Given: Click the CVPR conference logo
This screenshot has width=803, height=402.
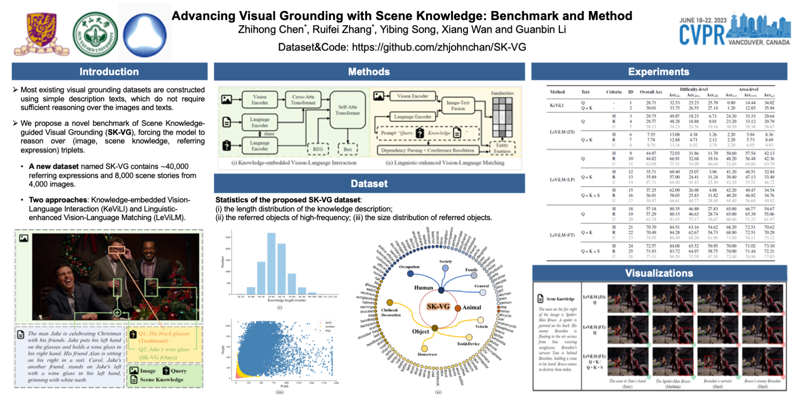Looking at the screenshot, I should (734, 30).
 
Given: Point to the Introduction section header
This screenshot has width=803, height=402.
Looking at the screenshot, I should (109, 72).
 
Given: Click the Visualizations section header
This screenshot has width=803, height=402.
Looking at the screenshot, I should (659, 273).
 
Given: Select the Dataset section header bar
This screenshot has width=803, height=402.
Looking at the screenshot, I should (369, 184).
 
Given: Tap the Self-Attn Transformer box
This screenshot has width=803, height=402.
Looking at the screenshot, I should (347, 110).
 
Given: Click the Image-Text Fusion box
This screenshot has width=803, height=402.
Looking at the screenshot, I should (458, 105).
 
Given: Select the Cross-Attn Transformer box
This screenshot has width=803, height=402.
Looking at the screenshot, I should (303, 100).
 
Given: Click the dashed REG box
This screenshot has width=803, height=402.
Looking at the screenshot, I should (317, 149).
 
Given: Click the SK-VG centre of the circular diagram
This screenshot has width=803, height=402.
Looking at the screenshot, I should (438, 306).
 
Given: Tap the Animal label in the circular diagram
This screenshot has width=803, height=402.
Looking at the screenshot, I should (471, 308).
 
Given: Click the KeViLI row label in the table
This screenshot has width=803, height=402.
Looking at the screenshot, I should (556, 105).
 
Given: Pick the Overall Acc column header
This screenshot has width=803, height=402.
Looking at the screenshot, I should (651, 92).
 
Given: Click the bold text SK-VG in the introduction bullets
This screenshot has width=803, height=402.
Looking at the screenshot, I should (119, 132).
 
